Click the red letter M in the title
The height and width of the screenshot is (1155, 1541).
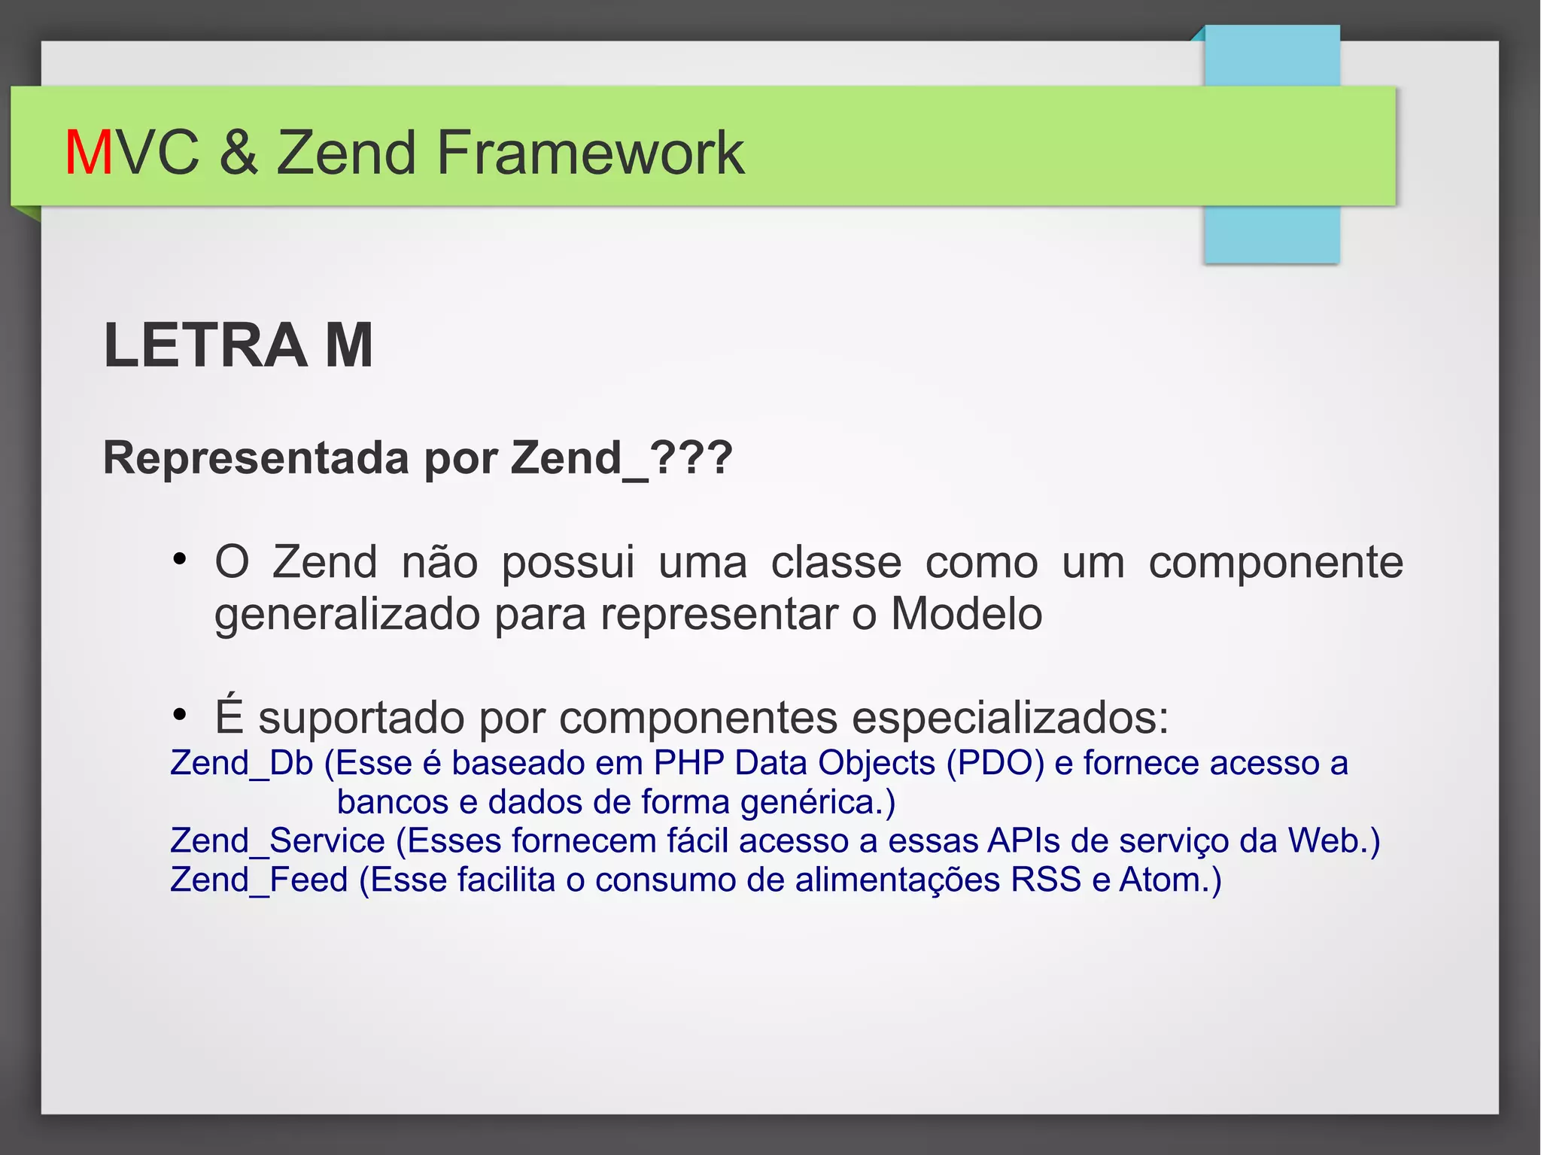(88, 153)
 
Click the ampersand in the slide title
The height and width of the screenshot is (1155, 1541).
(239, 153)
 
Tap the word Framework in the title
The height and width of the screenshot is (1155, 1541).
(591, 153)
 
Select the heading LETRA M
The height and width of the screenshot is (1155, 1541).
(239, 345)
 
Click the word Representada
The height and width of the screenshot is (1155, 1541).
(258, 457)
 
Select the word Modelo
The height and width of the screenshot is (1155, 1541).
(966, 614)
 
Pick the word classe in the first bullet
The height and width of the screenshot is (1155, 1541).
(836, 562)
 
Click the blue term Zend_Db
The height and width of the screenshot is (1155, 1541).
(242, 763)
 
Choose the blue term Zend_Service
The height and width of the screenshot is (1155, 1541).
(278, 840)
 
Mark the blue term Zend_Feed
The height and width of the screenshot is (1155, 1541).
(259, 880)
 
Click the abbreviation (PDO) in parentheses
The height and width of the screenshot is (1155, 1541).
(995, 763)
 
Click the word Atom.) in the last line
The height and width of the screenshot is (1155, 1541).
(1170, 880)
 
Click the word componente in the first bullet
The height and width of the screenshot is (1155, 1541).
(1275, 562)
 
